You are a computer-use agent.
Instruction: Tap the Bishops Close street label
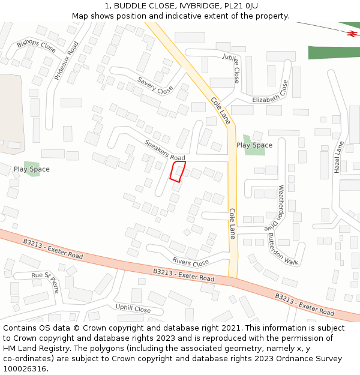36,46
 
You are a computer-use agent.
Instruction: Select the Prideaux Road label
67,61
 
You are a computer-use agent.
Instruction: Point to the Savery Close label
155,86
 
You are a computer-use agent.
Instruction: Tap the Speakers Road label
164,150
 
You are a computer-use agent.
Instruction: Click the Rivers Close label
190,262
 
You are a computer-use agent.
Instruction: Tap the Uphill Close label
133,309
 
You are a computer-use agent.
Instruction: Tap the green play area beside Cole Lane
253,144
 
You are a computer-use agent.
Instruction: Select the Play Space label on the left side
32,169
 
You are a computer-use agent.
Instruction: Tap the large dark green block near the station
334,52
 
